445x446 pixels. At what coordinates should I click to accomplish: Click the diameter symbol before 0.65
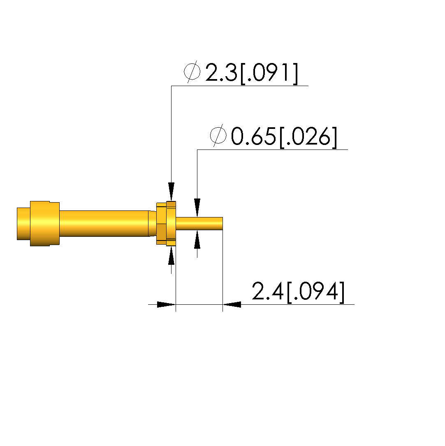click(x=218, y=135)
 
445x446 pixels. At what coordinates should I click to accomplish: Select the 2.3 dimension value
click(x=221, y=72)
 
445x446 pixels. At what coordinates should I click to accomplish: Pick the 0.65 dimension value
click(x=253, y=136)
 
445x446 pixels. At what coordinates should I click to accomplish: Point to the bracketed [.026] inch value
click(x=308, y=137)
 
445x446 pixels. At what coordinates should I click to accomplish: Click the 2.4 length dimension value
click(x=267, y=291)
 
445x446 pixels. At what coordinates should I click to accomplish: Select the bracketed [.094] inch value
click(x=316, y=292)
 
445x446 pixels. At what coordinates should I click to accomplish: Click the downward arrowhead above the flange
click(x=171, y=192)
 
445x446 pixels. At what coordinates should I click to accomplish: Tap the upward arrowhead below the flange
click(x=171, y=255)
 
